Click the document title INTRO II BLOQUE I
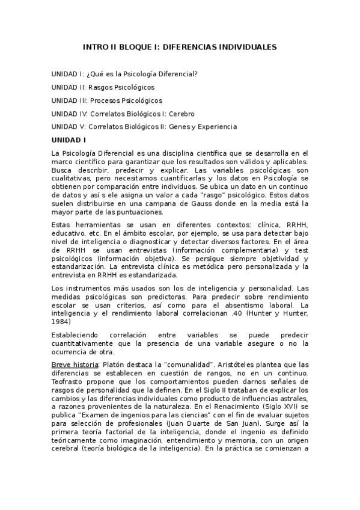(x=179, y=46)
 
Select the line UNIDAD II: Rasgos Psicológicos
(x=103, y=87)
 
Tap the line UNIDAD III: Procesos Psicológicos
(x=106, y=100)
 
